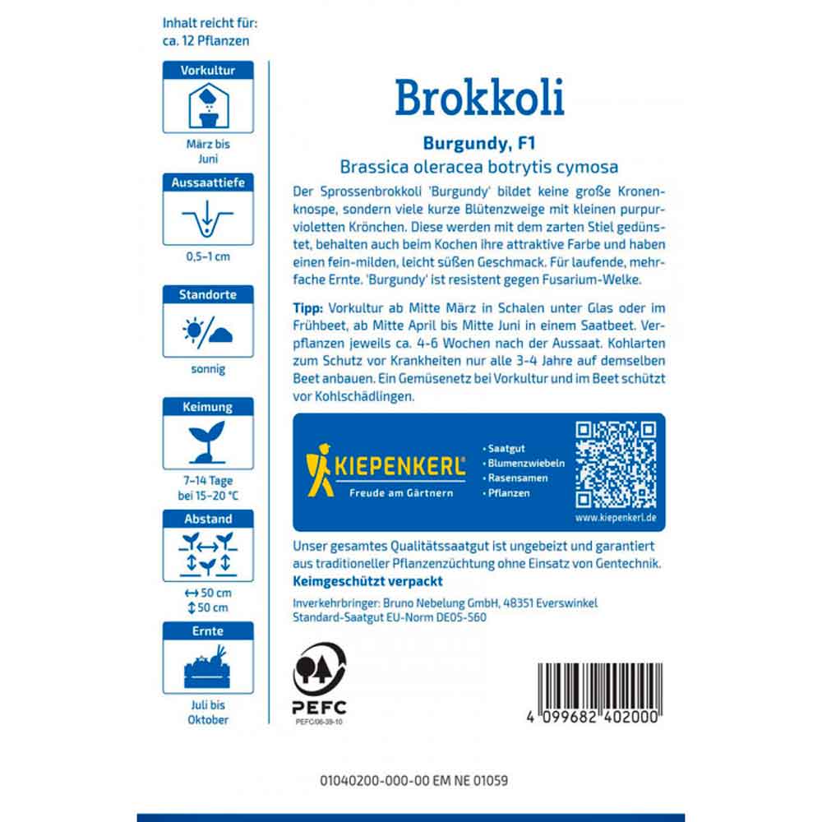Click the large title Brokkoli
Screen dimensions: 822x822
point(479,98)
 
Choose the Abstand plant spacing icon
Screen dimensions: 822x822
point(208,553)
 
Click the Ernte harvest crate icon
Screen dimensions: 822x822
point(208,667)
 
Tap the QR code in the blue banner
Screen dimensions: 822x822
point(616,465)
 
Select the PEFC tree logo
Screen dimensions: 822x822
point(320,668)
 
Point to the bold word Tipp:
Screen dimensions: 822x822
point(308,308)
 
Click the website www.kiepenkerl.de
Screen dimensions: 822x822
point(616,520)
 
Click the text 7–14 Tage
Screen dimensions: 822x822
point(208,479)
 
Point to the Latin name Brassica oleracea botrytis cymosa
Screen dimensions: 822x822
point(479,167)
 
